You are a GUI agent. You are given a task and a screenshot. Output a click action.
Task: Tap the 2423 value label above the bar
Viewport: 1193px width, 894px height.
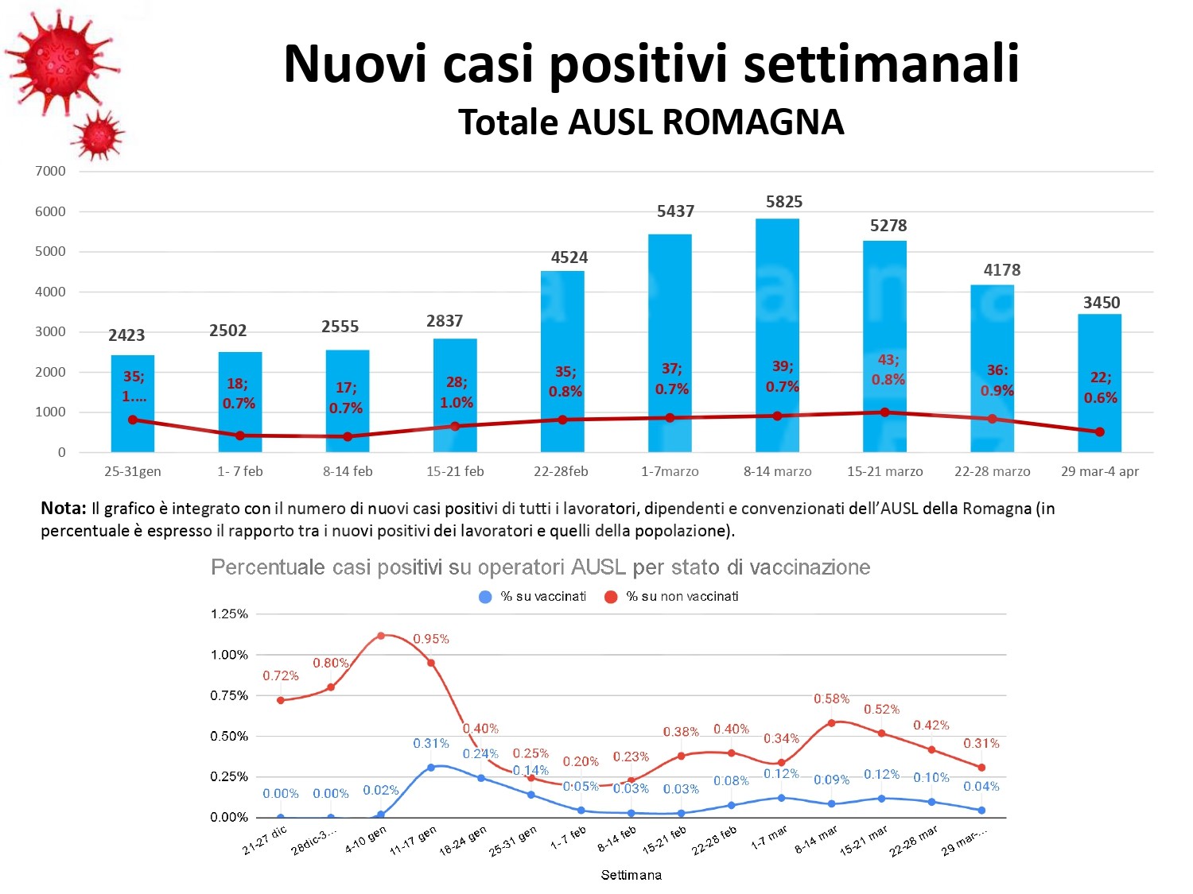click(x=126, y=335)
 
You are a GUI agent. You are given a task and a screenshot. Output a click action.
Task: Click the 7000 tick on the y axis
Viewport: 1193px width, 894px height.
click(x=50, y=171)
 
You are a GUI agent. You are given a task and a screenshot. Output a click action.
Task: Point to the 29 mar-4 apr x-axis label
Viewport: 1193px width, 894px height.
click(x=1099, y=471)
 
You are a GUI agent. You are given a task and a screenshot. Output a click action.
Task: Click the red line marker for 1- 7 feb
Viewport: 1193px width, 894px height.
click(x=240, y=435)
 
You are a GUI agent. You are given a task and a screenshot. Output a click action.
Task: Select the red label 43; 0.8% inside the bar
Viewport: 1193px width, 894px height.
click(x=888, y=370)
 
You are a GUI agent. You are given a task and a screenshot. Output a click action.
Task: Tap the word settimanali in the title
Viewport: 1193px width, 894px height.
click(x=881, y=64)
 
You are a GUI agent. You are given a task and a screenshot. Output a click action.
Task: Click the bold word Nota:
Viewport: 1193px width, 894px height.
click(x=63, y=509)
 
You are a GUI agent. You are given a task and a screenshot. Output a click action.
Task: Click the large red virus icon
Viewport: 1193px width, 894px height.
click(x=60, y=60)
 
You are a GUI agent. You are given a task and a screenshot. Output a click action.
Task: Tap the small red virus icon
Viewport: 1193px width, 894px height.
click(x=99, y=136)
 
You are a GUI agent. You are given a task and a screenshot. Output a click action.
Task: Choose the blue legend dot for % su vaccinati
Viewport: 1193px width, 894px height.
click(x=485, y=597)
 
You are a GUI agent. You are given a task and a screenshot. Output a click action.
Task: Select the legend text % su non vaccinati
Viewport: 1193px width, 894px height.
click(x=682, y=597)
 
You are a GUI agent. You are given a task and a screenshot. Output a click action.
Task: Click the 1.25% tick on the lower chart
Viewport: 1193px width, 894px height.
click(x=229, y=614)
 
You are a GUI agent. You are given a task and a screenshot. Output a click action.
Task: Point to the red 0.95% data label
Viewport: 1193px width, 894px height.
click(x=431, y=639)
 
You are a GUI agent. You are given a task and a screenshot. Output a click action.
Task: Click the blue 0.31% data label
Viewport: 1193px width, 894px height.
click(x=431, y=744)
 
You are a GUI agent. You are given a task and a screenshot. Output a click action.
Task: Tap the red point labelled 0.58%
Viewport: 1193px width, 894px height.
click(x=831, y=723)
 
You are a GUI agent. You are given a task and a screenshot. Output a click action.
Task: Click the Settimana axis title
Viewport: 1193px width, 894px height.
click(x=631, y=875)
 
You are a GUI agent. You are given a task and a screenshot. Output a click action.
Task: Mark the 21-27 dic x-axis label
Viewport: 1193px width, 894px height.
click(x=265, y=840)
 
